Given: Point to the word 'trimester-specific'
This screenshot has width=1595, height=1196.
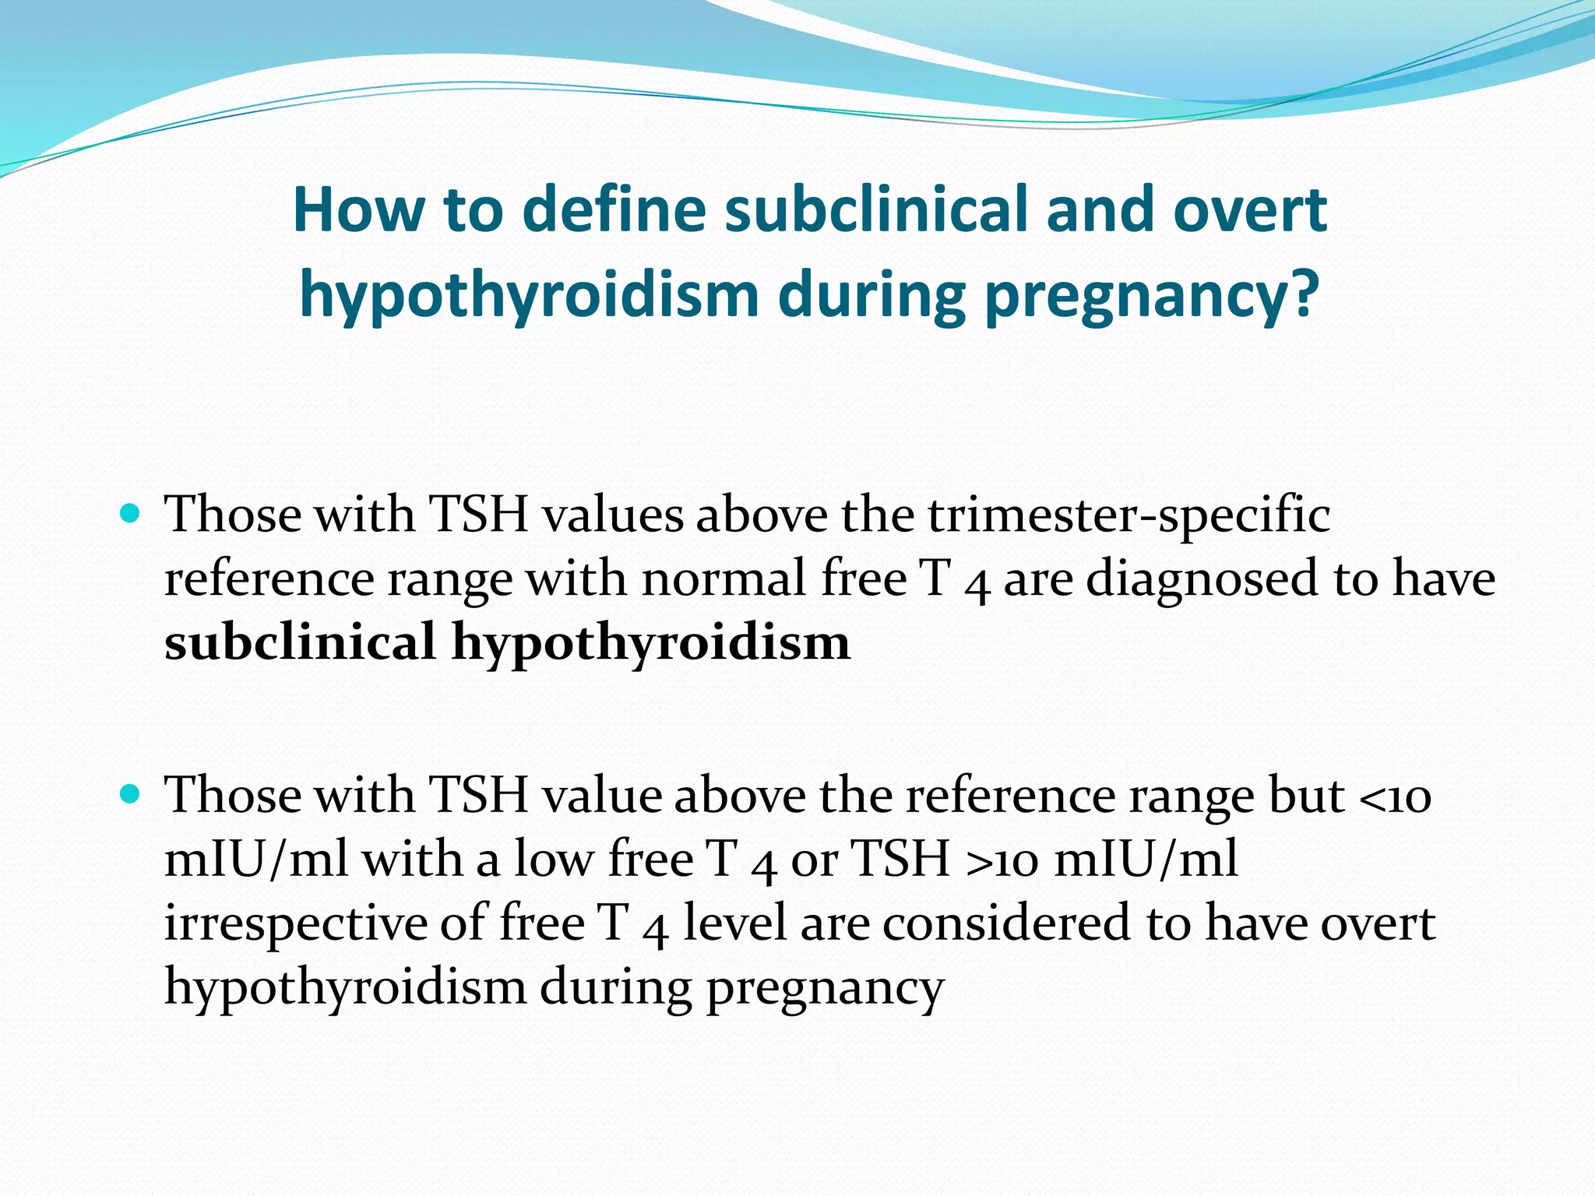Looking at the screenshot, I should (1128, 516).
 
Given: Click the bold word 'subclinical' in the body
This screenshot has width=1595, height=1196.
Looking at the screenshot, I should (300, 643).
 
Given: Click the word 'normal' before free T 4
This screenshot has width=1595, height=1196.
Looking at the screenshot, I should (724, 580).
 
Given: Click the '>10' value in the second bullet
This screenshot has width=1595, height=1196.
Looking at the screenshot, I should (1002, 860).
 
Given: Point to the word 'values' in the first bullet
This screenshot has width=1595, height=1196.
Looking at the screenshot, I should (611, 516).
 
